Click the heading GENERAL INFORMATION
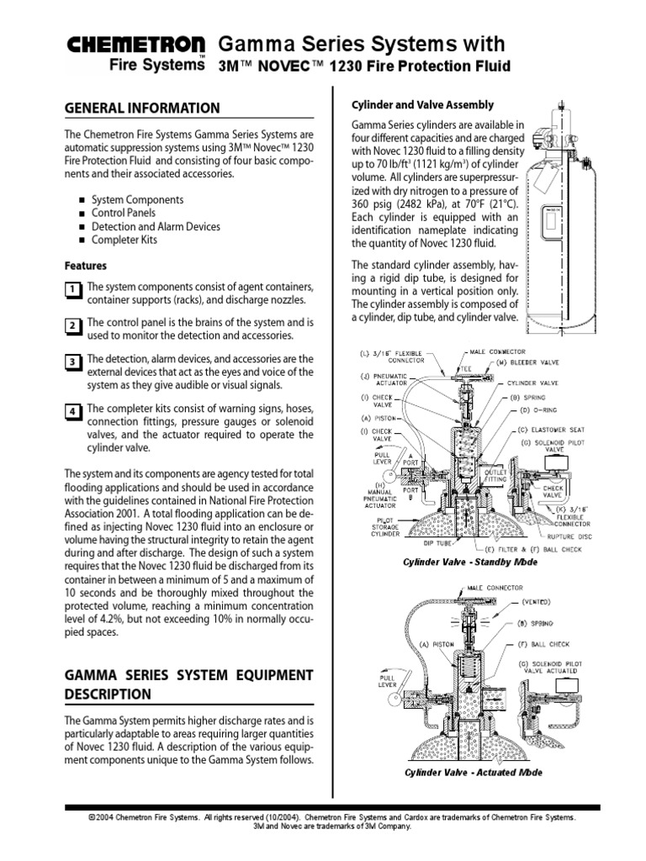142,108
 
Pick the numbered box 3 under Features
72,362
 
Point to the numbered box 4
72,411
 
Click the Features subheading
86,266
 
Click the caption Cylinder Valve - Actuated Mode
473,772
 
